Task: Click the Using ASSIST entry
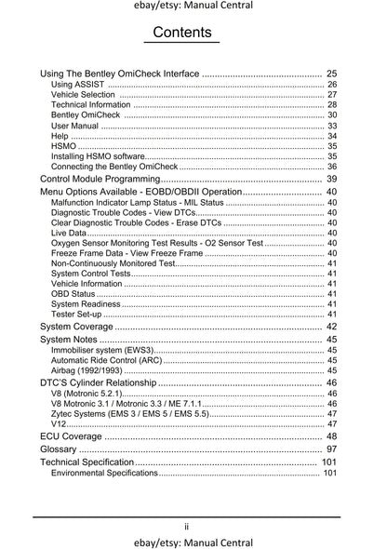click(x=78, y=85)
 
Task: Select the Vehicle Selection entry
click(x=83, y=95)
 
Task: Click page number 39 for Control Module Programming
click(x=330, y=178)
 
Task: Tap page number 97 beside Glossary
click(x=330, y=449)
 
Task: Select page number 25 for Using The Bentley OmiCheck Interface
click(x=330, y=73)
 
